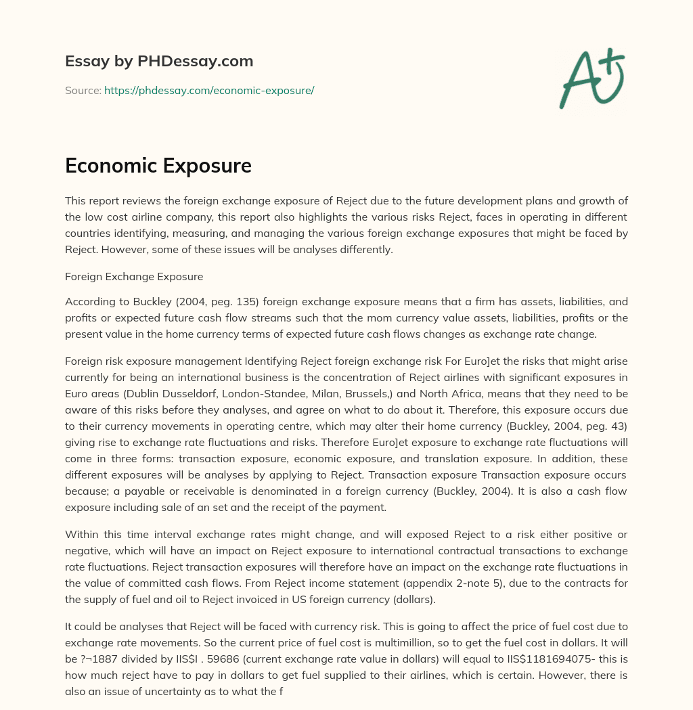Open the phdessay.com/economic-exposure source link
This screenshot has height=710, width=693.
click(208, 90)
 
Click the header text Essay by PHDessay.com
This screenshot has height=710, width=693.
click(159, 61)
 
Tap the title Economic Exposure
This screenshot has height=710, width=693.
click(158, 167)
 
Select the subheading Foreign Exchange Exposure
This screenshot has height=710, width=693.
click(134, 277)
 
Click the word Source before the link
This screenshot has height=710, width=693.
click(82, 90)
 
